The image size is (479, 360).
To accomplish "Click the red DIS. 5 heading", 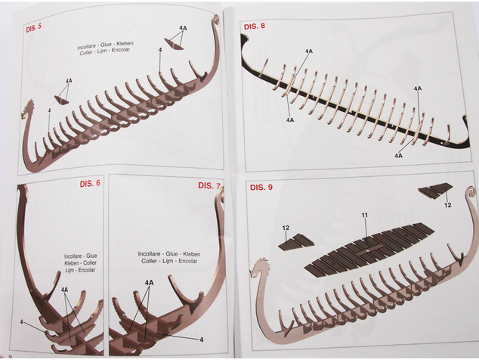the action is [33, 28].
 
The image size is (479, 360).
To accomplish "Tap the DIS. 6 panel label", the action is [90, 184].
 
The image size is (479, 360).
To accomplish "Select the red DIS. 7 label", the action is [209, 185].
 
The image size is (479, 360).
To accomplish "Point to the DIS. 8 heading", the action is [255, 26].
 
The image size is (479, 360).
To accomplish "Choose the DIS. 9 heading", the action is [261, 188].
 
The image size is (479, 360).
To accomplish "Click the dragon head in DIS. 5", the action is [28, 110].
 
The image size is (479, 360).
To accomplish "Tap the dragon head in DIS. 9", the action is [259, 267].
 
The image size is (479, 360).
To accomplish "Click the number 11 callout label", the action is [365, 216].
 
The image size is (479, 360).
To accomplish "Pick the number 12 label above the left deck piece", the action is [286, 228].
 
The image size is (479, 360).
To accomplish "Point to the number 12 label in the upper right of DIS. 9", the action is [447, 205].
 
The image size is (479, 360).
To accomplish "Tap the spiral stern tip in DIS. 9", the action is [471, 194].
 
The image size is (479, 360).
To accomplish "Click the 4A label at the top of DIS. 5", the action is [183, 29].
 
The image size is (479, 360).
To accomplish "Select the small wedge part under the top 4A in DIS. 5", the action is [174, 44].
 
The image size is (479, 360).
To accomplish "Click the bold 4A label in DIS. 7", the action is [149, 283].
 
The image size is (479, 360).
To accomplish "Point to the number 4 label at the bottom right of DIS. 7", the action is [201, 340].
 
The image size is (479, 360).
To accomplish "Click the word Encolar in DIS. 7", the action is [188, 261].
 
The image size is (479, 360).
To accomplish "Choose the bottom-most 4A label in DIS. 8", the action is [398, 156].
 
